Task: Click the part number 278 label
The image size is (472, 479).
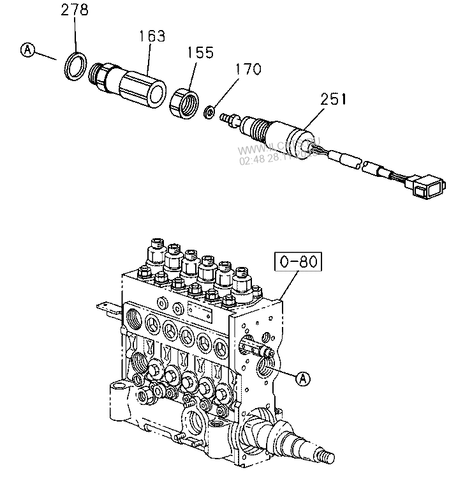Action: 75,10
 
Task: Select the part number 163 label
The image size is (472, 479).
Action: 152,36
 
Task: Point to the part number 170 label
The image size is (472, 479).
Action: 247,69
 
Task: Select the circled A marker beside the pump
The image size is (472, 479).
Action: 304,377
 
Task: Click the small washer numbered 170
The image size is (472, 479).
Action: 209,112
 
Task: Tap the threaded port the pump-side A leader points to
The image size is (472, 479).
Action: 266,367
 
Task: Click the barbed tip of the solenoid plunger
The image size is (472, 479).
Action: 225,119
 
